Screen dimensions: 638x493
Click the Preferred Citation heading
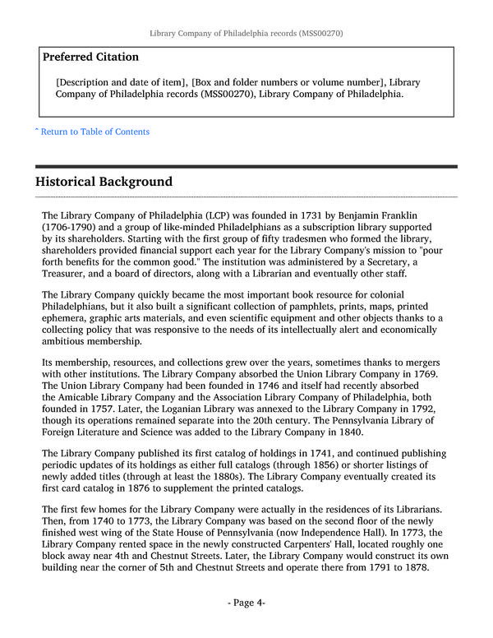tap(90, 57)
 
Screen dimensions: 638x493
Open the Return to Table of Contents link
tap(92, 132)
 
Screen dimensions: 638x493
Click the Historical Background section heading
tap(104, 182)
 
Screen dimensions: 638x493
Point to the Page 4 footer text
tap(246, 603)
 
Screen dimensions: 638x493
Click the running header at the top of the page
tap(246, 34)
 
